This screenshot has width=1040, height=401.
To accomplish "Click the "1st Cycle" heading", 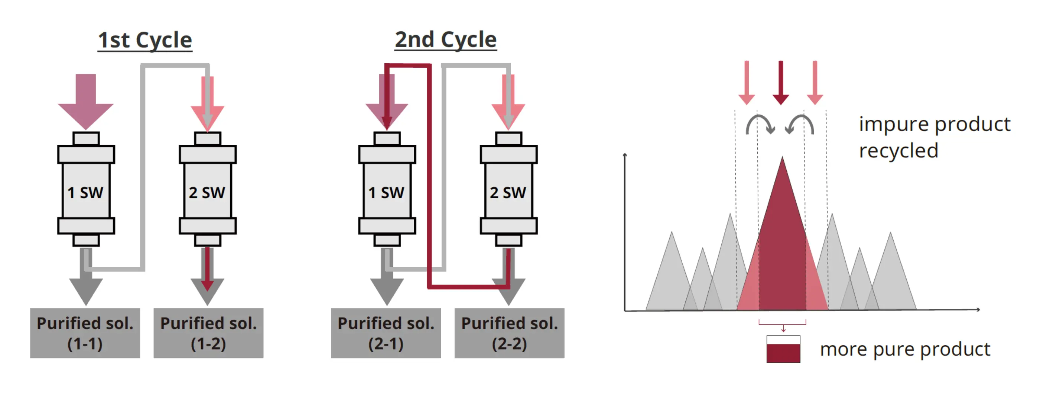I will pyautogui.click(x=145, y=41).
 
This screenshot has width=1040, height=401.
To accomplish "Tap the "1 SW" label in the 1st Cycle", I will pyautogui.click(x=85, y=193).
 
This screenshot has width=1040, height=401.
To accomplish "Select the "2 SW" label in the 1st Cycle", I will pyautogui.click(x=207, y=193).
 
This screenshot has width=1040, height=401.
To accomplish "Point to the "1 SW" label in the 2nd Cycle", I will pyautogui.click(x=386, y=193).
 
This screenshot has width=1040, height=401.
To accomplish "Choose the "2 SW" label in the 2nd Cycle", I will pyautogui.click(x=508, y=193).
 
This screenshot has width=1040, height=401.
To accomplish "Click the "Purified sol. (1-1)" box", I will pyautogui.click(x=85, y=333).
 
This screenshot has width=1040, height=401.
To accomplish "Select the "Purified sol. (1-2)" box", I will pyautogui.click(x=208, y=333).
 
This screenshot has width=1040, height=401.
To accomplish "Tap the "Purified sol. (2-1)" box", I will pyautogui.click(x=386, y=333).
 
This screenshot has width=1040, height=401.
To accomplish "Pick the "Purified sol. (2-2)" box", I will pyautogui.click(x=510, y=333).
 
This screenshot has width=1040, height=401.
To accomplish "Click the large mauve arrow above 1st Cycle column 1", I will pyautogui.click(x=85, y=101).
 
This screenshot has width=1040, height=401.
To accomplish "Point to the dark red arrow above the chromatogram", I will pyautogui.click(x=781, y=83).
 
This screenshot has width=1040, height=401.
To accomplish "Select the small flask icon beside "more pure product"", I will pyautogui.click(x=783, y=349).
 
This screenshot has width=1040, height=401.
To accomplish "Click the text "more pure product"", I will pyautogui.click(x=905, y=349).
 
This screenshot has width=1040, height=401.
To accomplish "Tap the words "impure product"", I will pyautogui.click(x=934, y=124).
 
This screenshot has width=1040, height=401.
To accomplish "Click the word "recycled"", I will pyautogui.click(x=898, y=151).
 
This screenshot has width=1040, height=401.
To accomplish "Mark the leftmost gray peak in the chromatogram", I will pyautogui.click(x=671, y=279).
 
